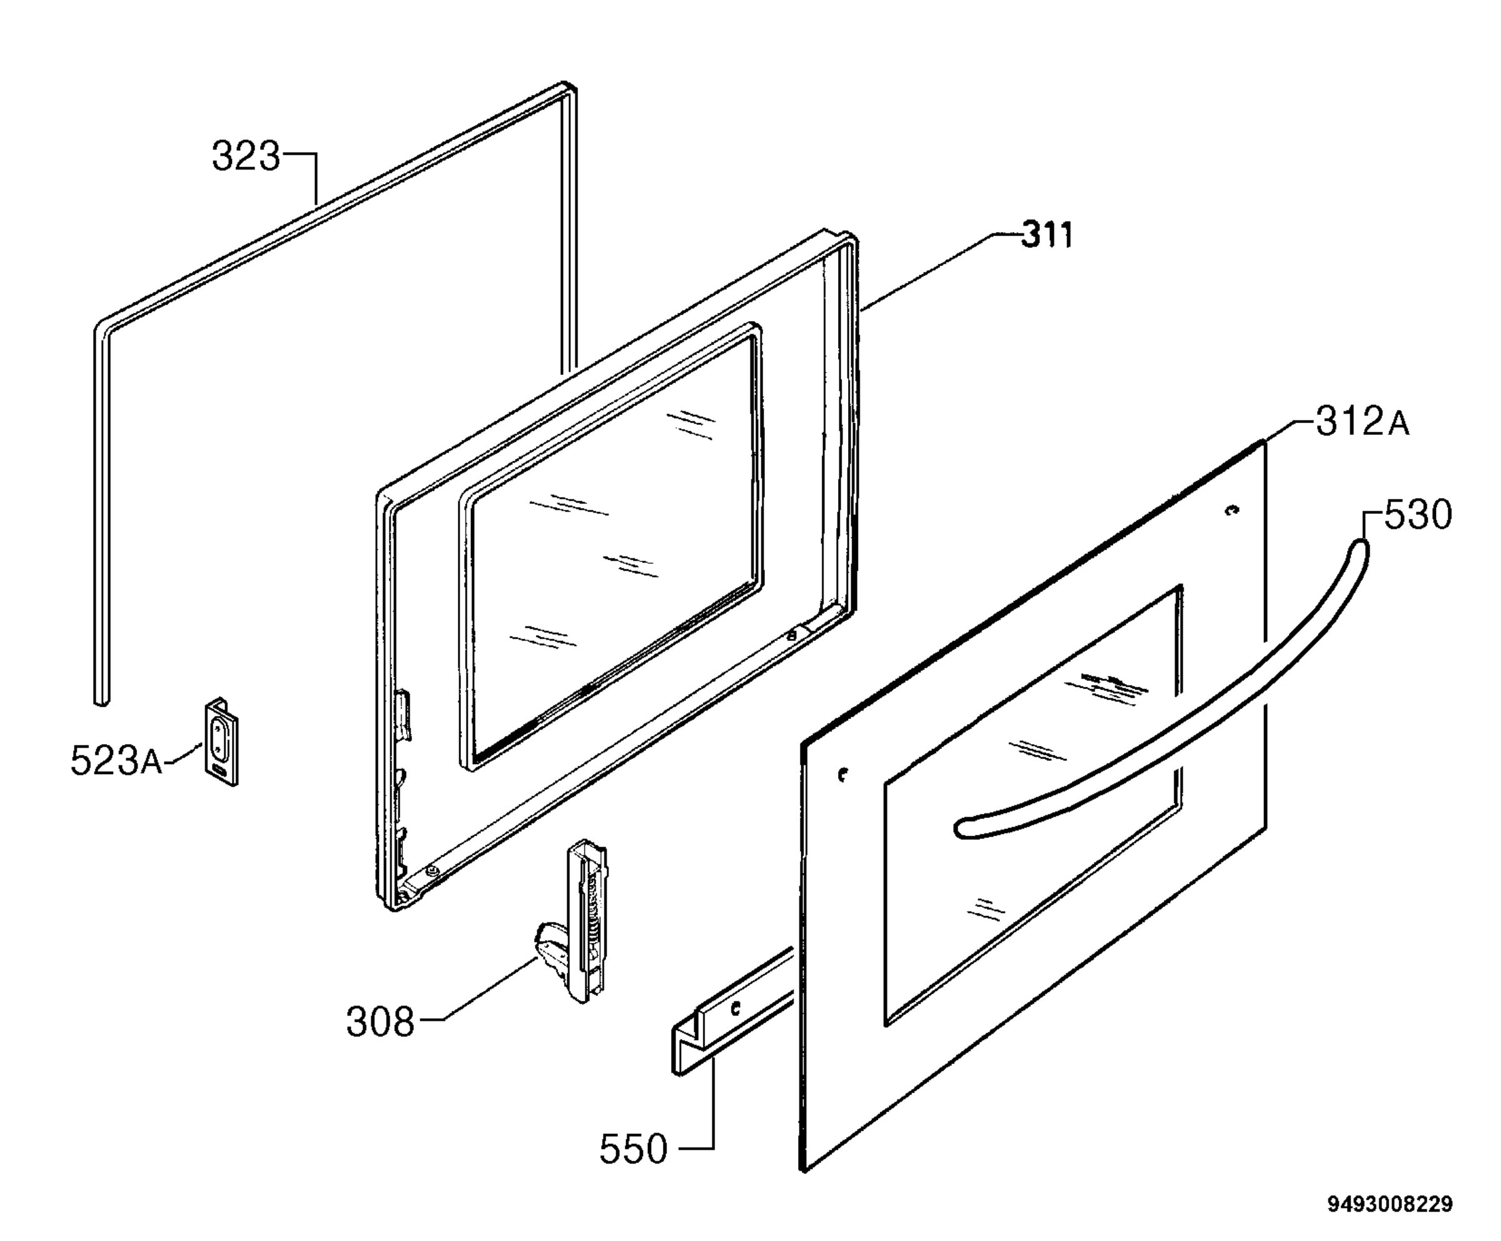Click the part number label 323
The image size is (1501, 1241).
pos(246,156)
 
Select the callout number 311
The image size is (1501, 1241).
pos(1046,235)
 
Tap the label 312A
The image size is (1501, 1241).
pos(1362,422)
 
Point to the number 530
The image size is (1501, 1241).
pos(1418,514)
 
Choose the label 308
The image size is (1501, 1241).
pos(380,1022)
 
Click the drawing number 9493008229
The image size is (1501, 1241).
pos(1390,1205)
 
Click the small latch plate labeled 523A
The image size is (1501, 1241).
pos(221,742)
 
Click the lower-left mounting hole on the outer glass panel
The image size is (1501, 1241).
pos(843,774)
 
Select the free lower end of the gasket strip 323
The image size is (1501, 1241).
pos(101,700)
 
